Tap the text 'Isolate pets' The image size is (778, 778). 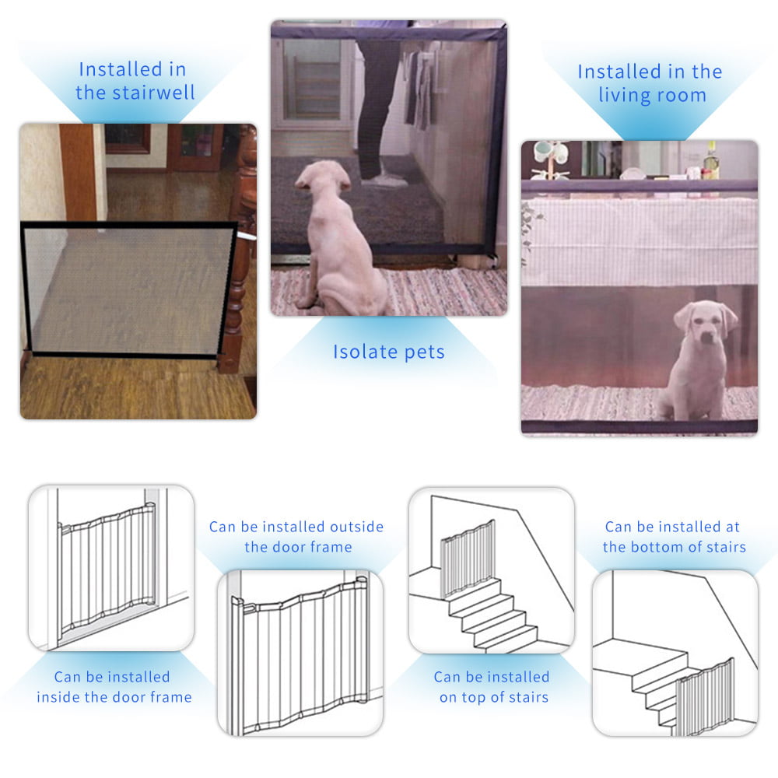pos(389,352)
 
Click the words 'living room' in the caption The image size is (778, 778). pos(652,96)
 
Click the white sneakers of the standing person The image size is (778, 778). pos(385,180)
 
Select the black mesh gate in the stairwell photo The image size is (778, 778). pos(128,288)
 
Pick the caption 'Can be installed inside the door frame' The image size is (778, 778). pos(114,686)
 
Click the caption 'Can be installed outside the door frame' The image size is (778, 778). pos(296,537)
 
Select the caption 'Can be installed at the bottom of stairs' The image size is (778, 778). pos(674,537)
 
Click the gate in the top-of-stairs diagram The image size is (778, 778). pos(467,556)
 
